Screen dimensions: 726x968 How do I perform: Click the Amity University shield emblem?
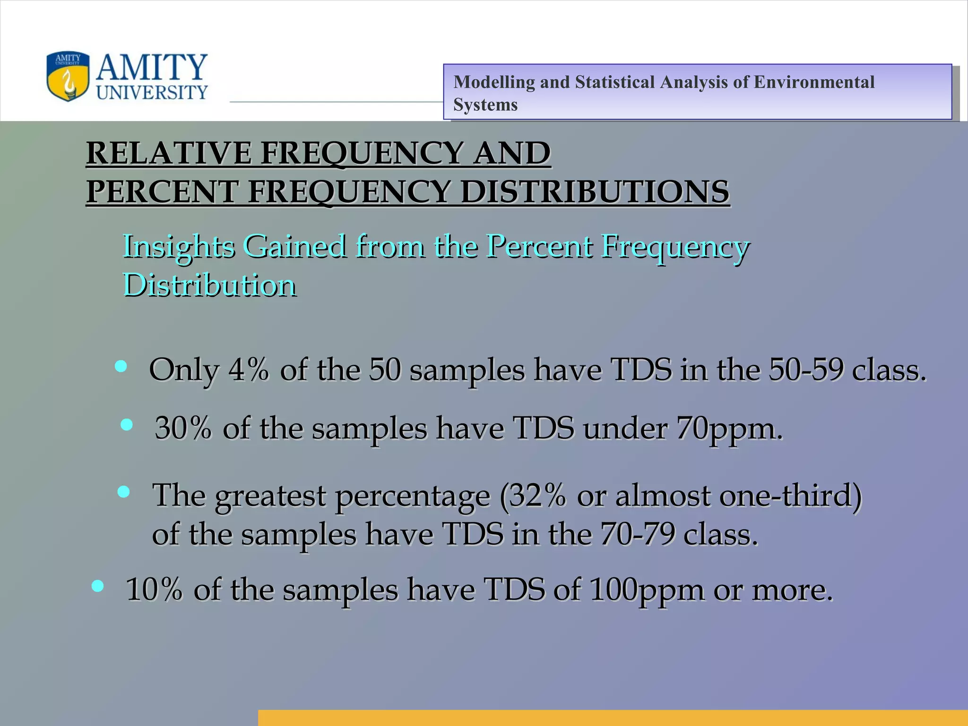pyautogui.click(x=68, y=77)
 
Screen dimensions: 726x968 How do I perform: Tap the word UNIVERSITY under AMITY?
pyautogui.click(x=152, y=93)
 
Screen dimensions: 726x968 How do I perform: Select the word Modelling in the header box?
pyautogui.click(x=494, y=82)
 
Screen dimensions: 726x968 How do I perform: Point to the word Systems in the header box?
pyautogui.click(x=485, y=104)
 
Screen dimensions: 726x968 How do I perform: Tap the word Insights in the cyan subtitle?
pyautogui.click(x=179, y=247)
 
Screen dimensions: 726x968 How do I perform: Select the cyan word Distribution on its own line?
pyautogui.click(x=209, y=285)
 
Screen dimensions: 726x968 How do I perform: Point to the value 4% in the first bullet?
pyautogui.click(x=249, y=370)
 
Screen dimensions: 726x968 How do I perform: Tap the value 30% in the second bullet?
pyautogui.click(x=183, y=428)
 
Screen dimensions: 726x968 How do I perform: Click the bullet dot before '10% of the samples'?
pyautogui.click(x=98, y=586)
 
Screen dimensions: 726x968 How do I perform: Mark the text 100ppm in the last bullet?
pyautogui.click(x=647, y=590)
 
